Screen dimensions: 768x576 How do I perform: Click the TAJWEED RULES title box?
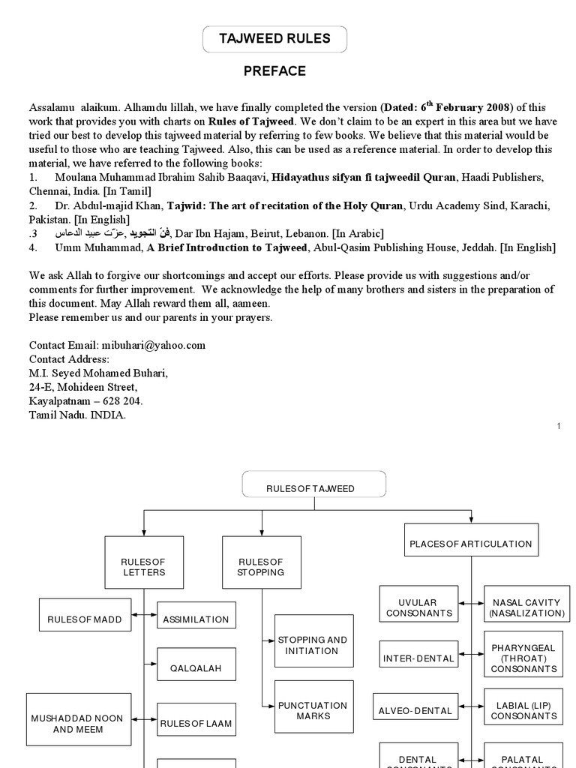click(274, 39)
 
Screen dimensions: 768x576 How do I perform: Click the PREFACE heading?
click(274, 71)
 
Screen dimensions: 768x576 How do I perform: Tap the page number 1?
click(559, 427)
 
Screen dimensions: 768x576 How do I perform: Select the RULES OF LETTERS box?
click(143, 567)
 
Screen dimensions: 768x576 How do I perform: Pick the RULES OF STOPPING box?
click(261, 567)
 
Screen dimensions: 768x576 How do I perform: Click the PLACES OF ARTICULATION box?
click(471, 544)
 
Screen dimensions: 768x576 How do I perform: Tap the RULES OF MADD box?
click(84, 619)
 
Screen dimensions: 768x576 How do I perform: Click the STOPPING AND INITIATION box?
click(313, 646)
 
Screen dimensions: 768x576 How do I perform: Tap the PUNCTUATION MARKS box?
click(313, 710)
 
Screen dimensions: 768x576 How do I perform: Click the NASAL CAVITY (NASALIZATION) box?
click(526, 607)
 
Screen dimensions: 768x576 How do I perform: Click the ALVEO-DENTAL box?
click(415, 710)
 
